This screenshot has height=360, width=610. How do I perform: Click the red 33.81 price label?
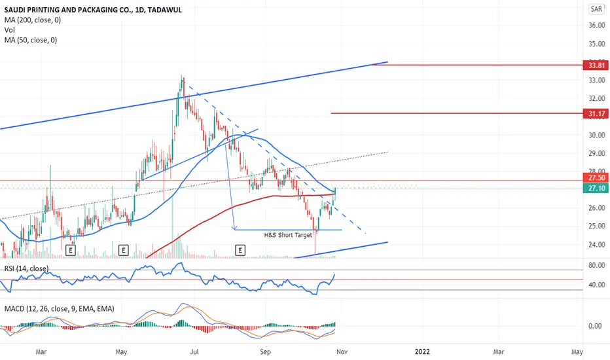596,65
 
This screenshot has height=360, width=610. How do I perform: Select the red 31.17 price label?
596,113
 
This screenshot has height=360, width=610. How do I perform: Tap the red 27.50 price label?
596,177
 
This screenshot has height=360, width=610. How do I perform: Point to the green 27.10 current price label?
596,188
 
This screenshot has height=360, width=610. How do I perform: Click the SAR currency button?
596,9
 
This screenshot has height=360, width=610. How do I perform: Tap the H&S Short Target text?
288,234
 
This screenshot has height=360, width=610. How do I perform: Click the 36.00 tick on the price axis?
596,26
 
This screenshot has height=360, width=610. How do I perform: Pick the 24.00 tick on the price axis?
596,245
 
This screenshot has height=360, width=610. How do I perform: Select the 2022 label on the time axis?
423,351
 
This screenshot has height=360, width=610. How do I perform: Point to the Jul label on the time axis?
195,351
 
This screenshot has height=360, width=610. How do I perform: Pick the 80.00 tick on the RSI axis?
596,266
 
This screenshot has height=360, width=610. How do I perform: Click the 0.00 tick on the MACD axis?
596,326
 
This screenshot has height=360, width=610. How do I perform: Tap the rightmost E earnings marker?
241,249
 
